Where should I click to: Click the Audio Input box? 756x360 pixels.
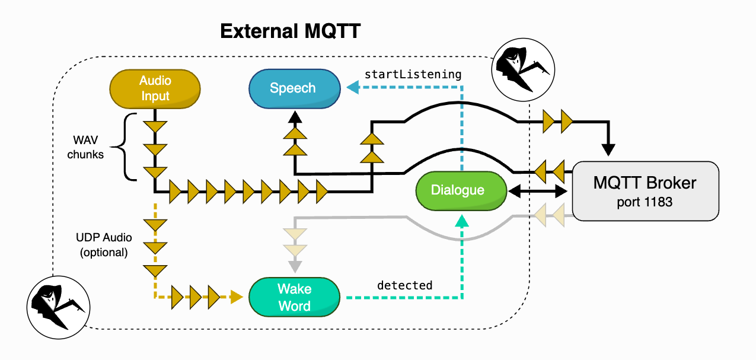(155, 88)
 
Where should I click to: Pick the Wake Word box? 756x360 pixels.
(295, 297)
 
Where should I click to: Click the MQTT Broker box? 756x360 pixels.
(645, 190)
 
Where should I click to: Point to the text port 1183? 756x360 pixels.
(645, 202)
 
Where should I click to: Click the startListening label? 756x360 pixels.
(413, 75)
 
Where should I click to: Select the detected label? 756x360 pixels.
(405, 285)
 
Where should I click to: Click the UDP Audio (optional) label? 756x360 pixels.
(104, 244)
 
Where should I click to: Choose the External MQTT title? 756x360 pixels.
(290, 31)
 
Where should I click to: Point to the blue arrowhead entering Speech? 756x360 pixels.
(352, 88)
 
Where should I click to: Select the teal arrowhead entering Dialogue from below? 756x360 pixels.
(462, 221)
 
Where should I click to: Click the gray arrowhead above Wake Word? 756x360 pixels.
(295, 265)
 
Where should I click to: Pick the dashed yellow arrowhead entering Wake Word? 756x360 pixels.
(237, 297)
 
